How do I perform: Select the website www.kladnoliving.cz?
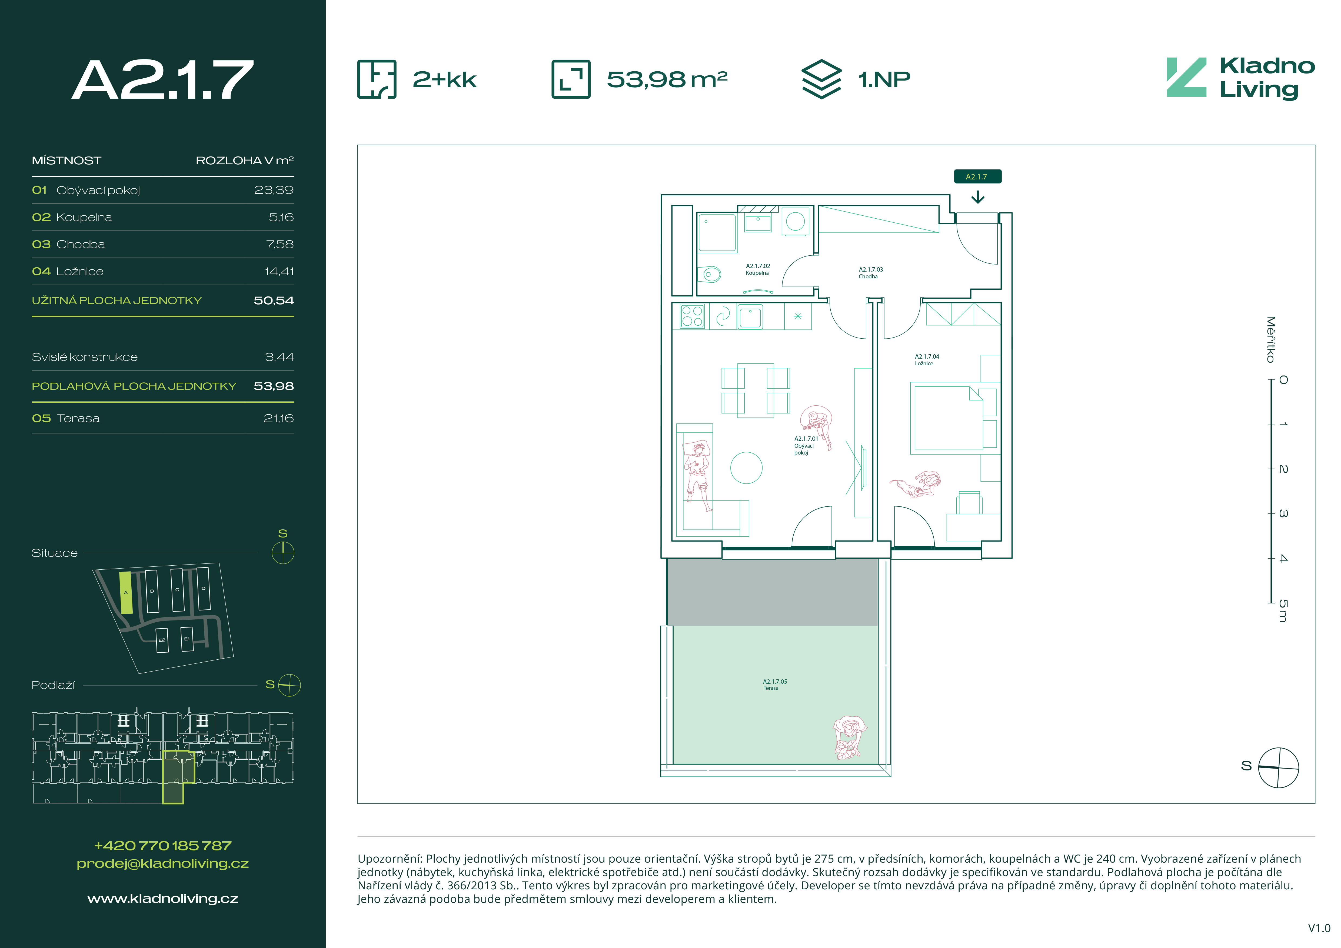(163, 899)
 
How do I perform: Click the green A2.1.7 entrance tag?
(977, 176)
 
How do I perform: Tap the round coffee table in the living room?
(746, 468)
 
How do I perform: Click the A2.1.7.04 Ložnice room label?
(927, 360)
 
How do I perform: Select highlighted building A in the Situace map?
(126, 592)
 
